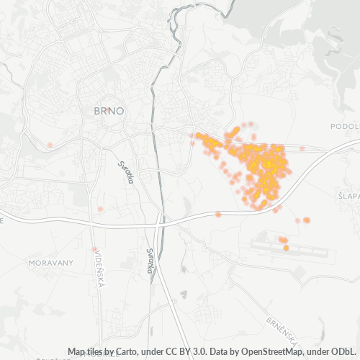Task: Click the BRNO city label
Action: tap(109, 112)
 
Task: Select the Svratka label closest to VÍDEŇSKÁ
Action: tap(150, 261)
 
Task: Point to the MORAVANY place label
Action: tap(50, 264)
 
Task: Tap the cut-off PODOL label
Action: tap(343, 126)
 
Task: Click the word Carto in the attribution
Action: tap(125, 351)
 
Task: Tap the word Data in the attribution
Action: tap(221, 351)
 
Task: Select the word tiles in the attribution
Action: tap(96, 351)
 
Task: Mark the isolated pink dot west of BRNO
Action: tap(50, 145)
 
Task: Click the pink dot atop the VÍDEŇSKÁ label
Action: tap(94, 249)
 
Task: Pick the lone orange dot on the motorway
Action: tap(218, 214)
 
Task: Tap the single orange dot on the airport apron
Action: tap(286, 248)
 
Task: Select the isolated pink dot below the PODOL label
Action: tap(302, 149)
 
